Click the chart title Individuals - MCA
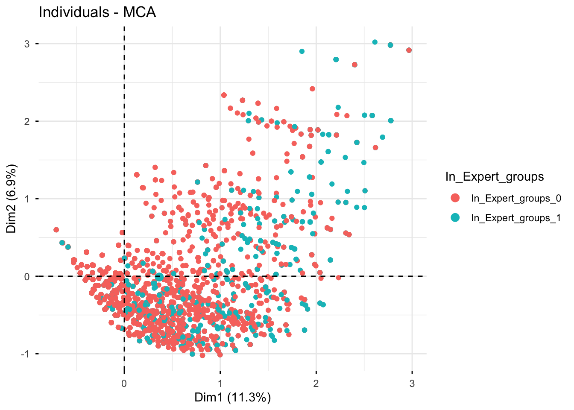97,12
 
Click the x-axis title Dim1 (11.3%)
232,398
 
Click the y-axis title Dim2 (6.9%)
12,199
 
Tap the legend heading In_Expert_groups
494,177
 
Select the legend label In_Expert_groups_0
515,198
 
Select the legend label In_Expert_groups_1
515,218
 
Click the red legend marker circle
455,198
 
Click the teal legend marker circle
455,218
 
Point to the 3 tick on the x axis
412,383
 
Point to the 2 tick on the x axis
316,383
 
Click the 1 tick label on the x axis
220,383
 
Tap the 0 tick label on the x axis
124,383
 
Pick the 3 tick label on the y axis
26,44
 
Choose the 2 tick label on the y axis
26,121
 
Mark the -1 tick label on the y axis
25,354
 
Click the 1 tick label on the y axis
26,199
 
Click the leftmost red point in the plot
56,230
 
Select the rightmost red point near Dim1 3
409,50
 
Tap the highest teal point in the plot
375,42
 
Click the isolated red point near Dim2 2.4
312,89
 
